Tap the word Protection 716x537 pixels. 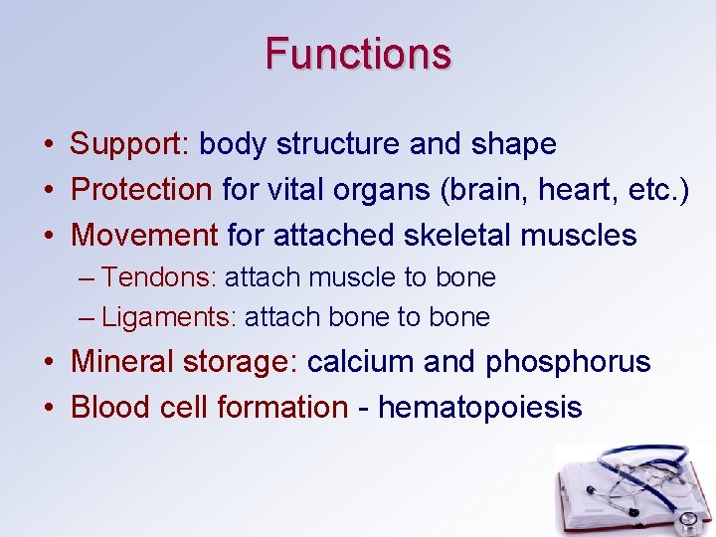point(141,190)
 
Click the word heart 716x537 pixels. point(573,190)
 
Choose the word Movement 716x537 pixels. point(144,236)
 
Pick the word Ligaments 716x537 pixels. point(165,318)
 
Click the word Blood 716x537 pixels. point(108,407)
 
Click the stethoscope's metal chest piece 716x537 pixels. point(686,520)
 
